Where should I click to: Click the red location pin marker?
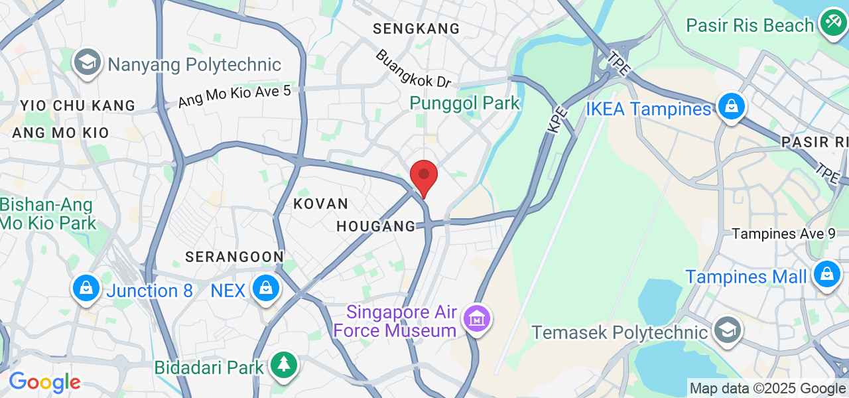(424, 176)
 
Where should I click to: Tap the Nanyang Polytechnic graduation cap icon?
(88, 62)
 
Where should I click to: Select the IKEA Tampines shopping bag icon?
(730, 106)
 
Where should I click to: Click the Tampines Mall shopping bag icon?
(826, 274)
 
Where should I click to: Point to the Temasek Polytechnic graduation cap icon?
(728, 330)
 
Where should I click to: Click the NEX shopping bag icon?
(266, 289)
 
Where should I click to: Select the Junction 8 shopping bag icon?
(86, 289)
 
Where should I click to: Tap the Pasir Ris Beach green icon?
(832, 23)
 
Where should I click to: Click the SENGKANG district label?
(416, 29)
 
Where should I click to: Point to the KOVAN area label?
(320, 204)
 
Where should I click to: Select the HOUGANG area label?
(375, 226)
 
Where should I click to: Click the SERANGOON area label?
(234, 257)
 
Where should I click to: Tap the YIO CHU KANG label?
(78, 105)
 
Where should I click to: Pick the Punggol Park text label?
(464, 103)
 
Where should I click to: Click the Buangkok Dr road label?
(413, 68)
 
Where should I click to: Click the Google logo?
(44, 383)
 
